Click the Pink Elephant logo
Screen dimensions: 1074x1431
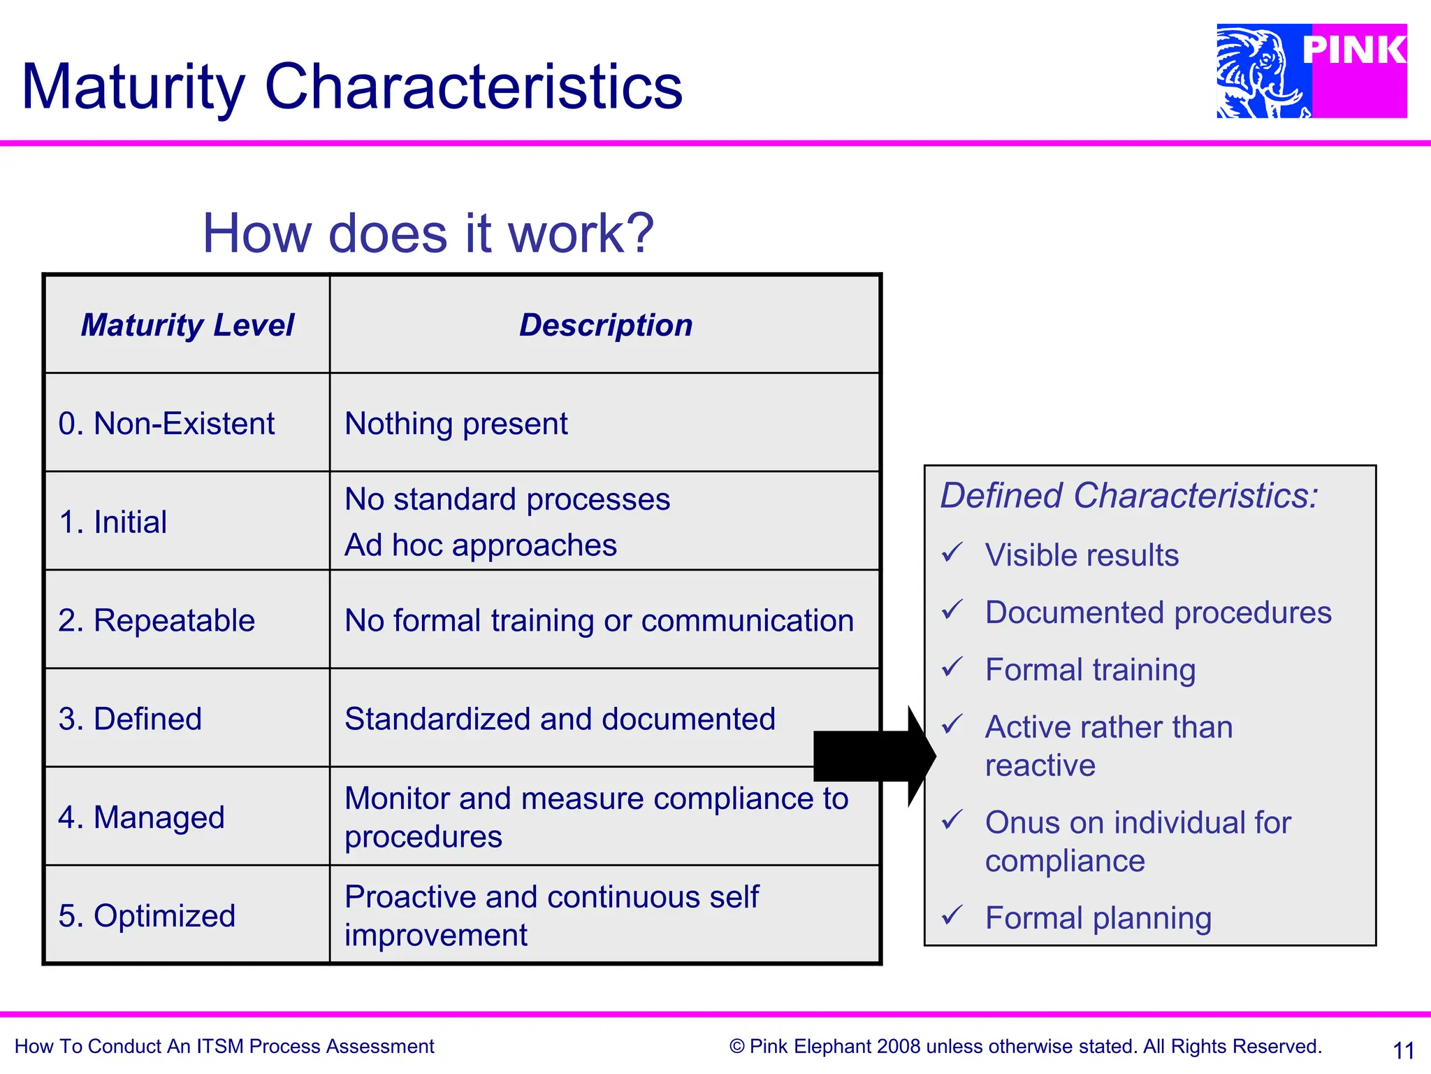pos(1311,71)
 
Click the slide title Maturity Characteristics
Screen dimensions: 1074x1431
pos(352,87)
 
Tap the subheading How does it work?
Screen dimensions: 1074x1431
pos(428,234)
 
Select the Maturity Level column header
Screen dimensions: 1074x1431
pos(187,325)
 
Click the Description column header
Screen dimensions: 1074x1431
pos(605,325)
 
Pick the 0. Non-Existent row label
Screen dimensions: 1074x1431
pos(166,424)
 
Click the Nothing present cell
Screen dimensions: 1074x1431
pos(456,424)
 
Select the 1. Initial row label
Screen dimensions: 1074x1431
pos(113,522)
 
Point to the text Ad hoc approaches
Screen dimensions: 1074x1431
pos(481,545)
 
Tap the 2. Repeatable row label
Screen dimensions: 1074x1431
pos(157,621)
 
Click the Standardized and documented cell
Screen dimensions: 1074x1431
pos(560,719)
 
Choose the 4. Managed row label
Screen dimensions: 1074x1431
pos(141,817)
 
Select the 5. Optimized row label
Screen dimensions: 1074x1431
pos(147,916)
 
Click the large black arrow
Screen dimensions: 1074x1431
pos(873,756)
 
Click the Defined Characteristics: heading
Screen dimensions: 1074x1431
pos(1128,496)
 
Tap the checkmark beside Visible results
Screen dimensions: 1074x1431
pos(952,553)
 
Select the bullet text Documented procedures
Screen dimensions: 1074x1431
pos(1158,613)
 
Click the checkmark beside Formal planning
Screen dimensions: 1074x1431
pos(952,915)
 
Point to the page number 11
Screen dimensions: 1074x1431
pos(1403,1050)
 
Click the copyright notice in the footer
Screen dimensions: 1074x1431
pos(1025,1047)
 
